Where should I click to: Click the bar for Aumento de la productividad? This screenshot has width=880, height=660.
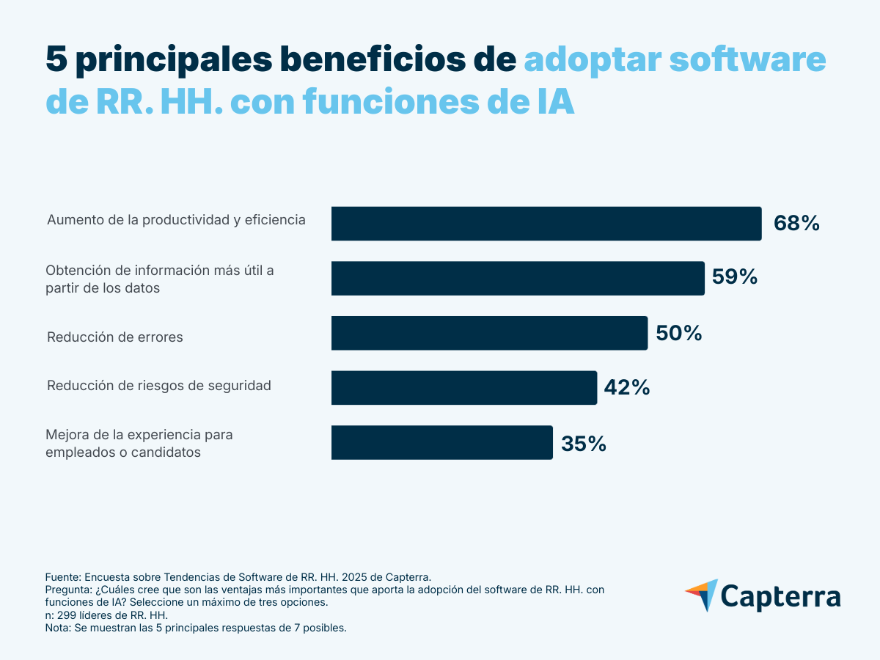tap(546, 224)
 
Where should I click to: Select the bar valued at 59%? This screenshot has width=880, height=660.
tap(518, 279)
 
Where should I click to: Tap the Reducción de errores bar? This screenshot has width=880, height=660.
tap(489, 333)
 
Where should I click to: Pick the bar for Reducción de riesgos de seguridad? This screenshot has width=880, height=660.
tap(464, 387)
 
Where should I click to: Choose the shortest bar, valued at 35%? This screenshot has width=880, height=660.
tap(441, 442)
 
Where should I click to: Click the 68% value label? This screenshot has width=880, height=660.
tap(796, 224)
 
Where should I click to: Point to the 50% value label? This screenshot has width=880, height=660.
tap(678, 334)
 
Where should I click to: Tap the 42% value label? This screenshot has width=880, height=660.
tap(626, 388)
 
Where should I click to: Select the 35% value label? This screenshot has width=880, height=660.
tap(584, 444)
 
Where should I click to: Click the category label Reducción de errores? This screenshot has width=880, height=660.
tap(115, 337)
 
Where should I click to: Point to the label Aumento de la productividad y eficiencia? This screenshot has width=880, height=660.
tap(176, 219)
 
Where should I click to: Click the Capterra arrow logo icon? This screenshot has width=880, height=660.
tap(702, 595)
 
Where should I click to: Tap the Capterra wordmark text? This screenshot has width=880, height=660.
tap(781, 595)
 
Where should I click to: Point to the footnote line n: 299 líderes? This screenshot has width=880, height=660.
tap(107, 615)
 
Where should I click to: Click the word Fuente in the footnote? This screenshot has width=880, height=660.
tap(63, 577)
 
